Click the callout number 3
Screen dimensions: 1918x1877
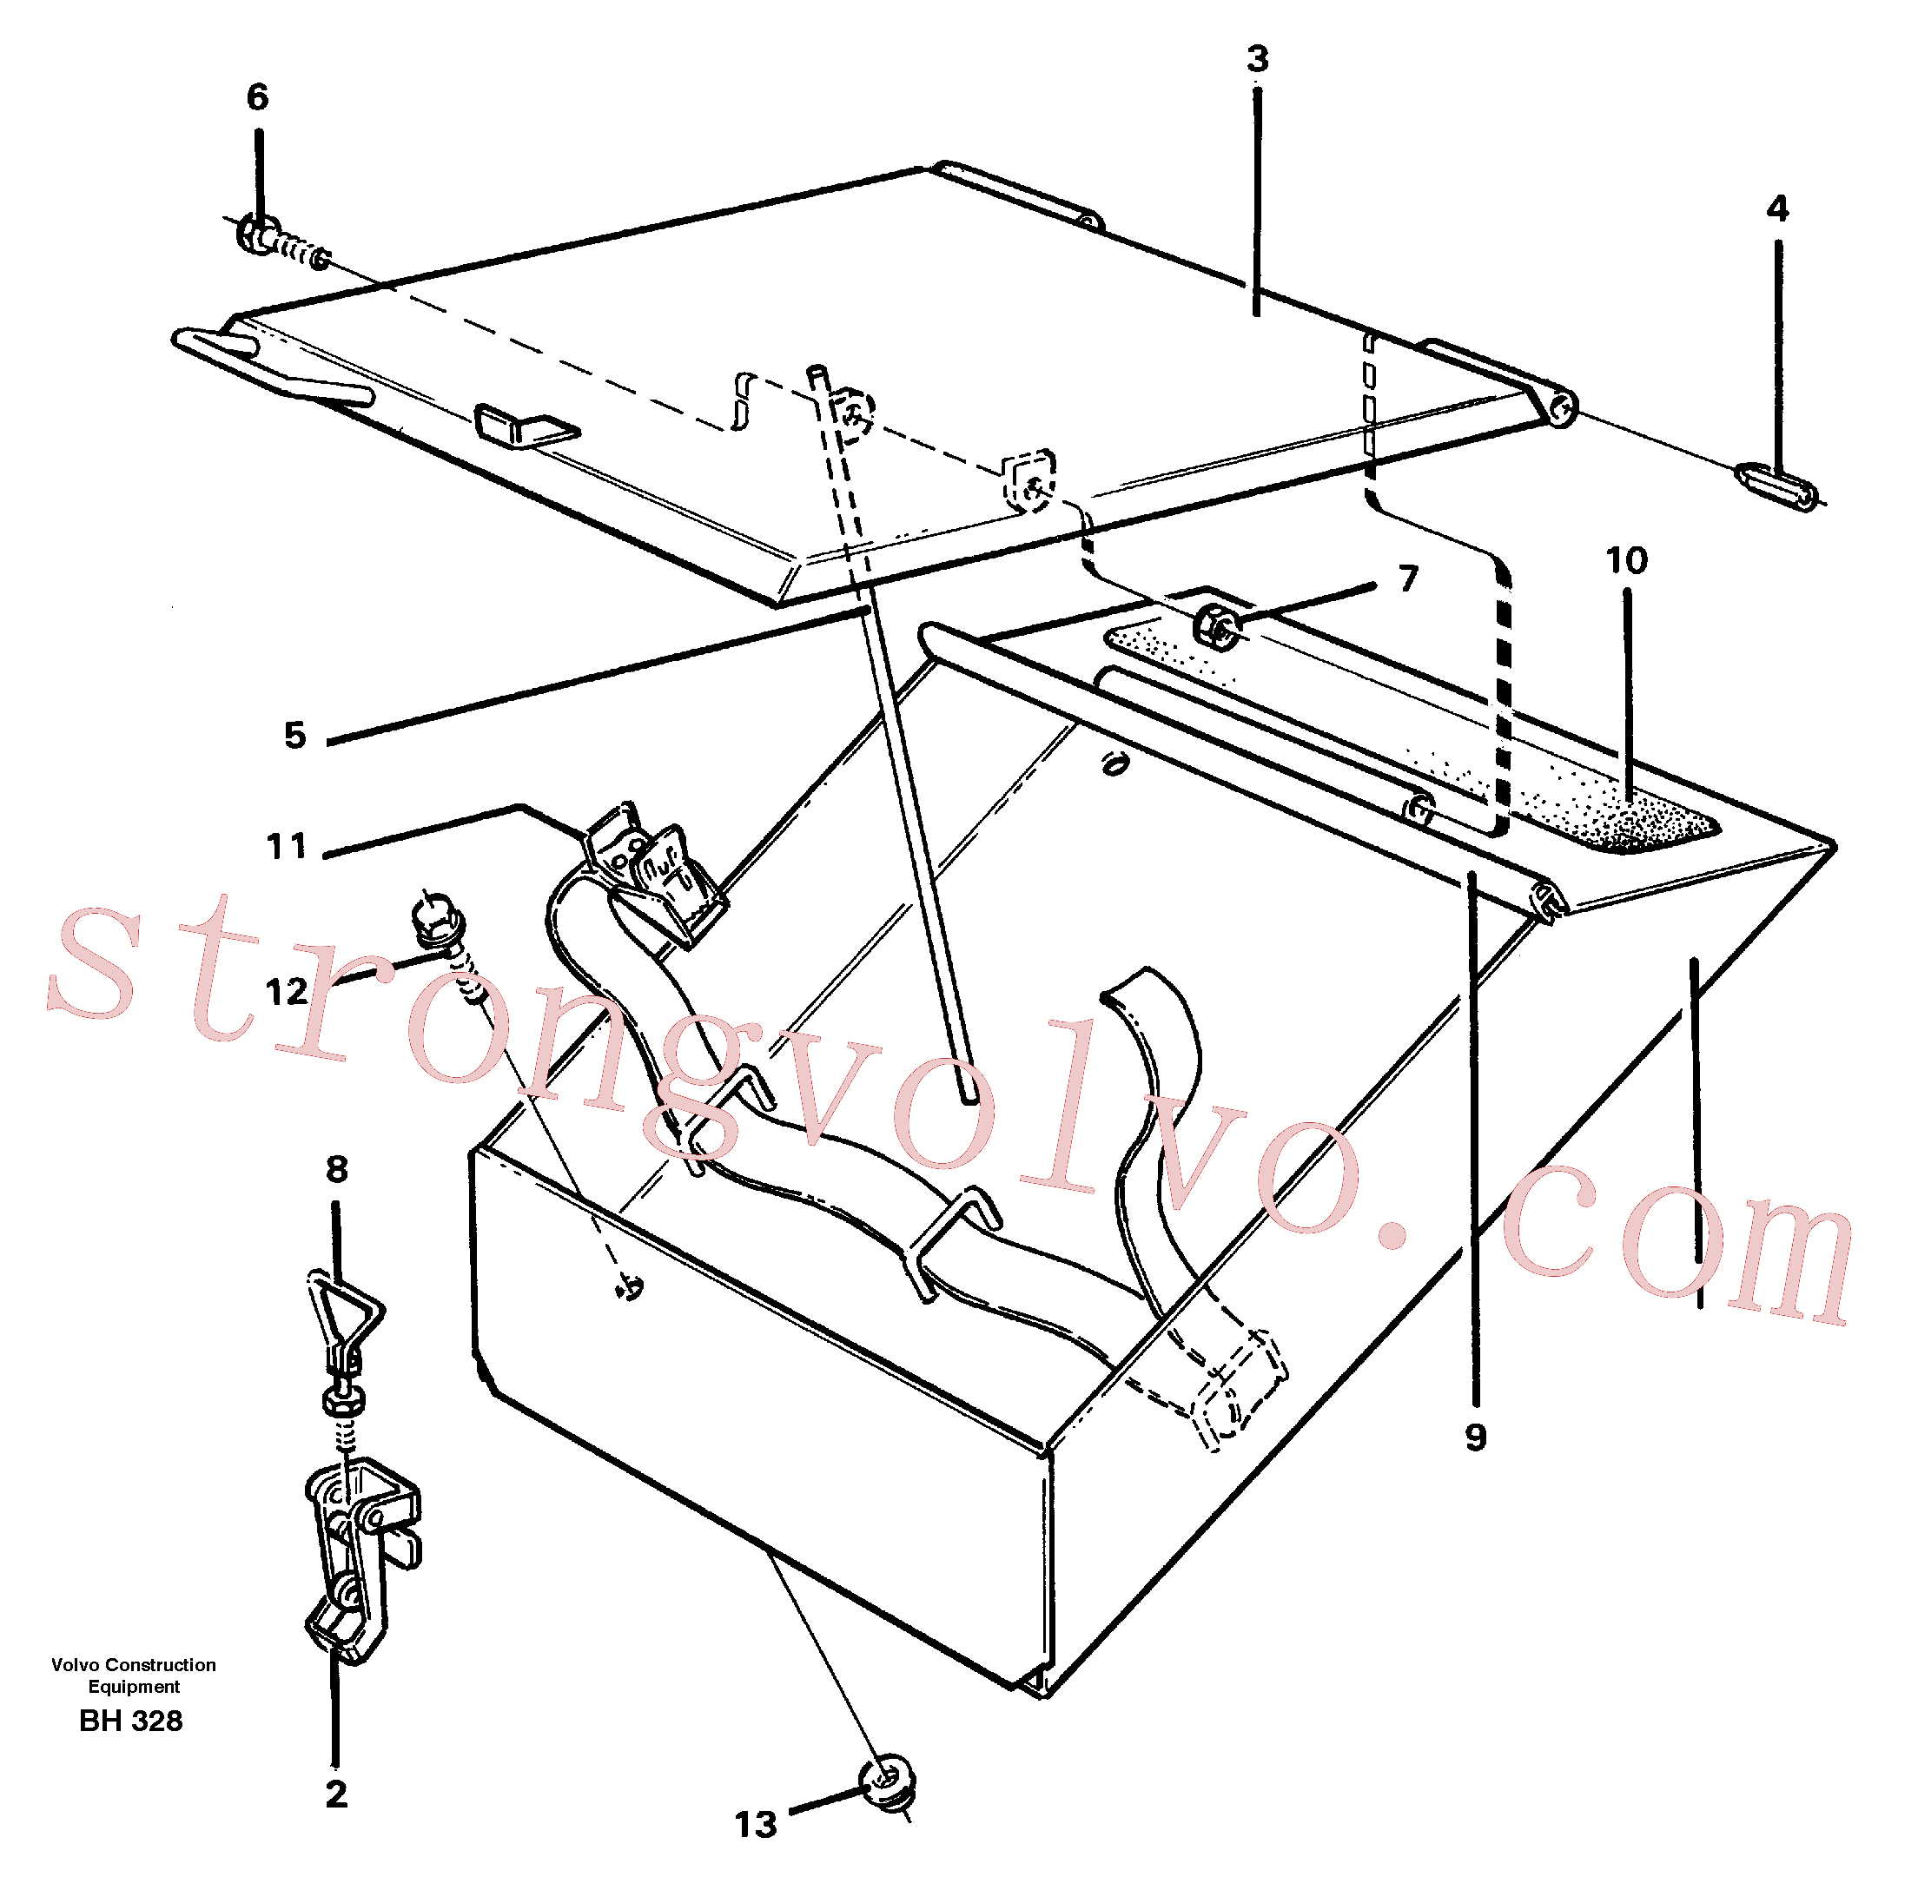[x=1256, y=59]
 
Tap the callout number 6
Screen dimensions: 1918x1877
[x=257, y=96]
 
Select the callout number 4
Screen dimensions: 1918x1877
[x=1777, y=208]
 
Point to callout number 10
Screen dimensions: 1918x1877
[x=1626, y=561]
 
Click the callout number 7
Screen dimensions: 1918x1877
[x=1408, y=578]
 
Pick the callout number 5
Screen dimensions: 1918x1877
[x=294, y=736]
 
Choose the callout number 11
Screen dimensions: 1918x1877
[x=286, y=846]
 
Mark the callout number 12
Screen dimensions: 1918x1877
[x=287, y=992]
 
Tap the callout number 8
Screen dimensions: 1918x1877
[x=337, y=1169]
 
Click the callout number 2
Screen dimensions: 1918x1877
[x=336, y=1794]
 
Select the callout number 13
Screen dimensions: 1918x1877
[x=757, y=1825]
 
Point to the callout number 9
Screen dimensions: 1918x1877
[x=1475, y=1437]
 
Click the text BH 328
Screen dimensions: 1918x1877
[x=131, y=1722]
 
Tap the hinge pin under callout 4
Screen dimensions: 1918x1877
[x=1777, y=487]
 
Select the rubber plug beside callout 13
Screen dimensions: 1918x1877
[x=888, y=1782]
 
